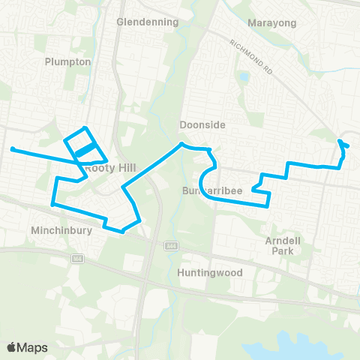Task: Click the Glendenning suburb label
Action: pos(148,22)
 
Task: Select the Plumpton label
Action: pos(67,61)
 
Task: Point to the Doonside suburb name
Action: pos(198,124)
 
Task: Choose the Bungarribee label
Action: pos(212,191)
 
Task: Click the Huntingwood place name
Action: pos(210,273)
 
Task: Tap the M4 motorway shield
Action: pos(76,259)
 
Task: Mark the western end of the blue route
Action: pos(12,148)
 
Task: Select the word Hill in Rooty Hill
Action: pos(121,169)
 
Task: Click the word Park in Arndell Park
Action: pos(281,252)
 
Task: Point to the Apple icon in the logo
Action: pos(11,346)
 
